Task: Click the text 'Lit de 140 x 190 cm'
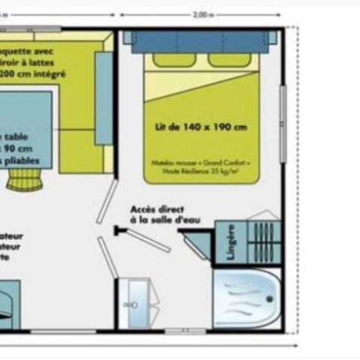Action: point(202,127)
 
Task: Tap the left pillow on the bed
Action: point(174,60)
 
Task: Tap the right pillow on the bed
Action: point(229,60)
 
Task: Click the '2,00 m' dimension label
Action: point(202,14)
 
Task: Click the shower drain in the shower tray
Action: point(268,299)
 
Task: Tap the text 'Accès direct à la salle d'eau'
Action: point(157,214)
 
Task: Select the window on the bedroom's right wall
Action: point(283,124)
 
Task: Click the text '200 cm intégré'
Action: point(33,75)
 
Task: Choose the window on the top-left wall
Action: point(30,29)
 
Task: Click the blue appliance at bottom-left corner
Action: point(10,299)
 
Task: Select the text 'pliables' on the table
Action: point(22,160)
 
